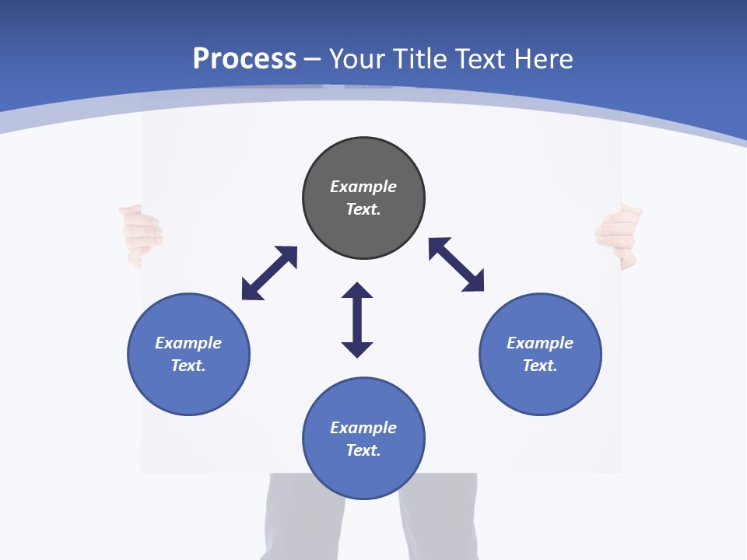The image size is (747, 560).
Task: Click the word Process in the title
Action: tap(244, 59)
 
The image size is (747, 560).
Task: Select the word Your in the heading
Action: tap(357, 59)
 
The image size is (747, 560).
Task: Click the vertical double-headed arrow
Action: tap(357, 320)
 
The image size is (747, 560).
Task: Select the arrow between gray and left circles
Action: tap(269, 273)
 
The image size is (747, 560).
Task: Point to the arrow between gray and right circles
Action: tap(456, 264)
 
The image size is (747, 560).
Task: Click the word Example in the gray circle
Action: tap(363, 187)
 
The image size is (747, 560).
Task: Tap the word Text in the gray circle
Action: tap(363, 209)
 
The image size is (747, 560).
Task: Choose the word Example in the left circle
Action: tap(188, 343)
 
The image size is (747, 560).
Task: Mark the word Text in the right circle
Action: tap(540, 366)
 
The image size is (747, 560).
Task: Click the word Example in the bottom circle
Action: tap(363, 428)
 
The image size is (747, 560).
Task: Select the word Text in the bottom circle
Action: tap(363, 450)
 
